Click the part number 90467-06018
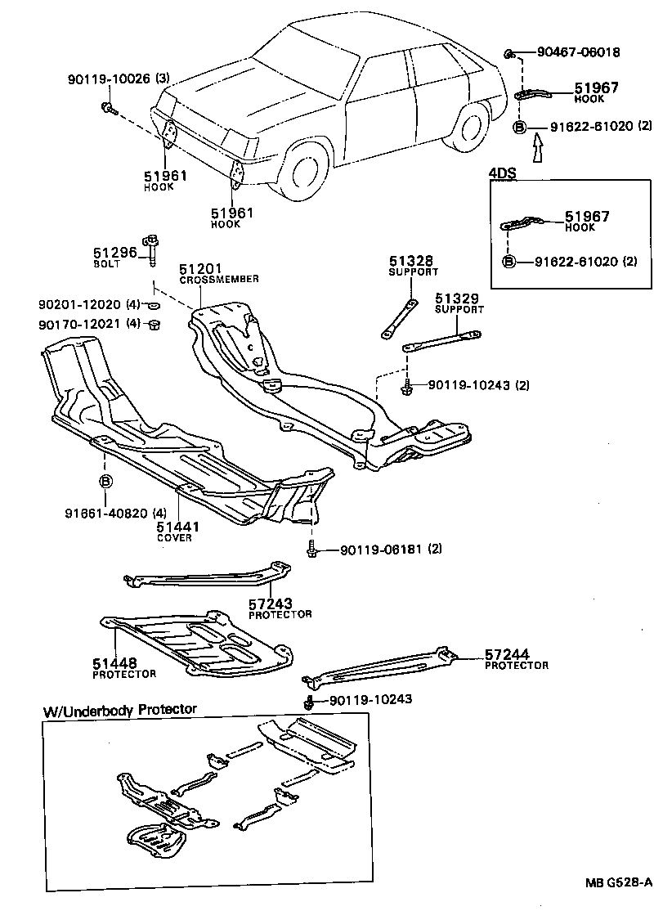coord(578,52)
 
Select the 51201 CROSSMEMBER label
coord(218,273)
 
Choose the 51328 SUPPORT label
coord(413,265)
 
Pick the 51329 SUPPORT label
coord(459,303)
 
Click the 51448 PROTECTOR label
coord(123,668)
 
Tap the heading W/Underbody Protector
coord(119,709)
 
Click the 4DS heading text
coord(501,174)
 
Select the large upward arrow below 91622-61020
coord(536,150)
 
